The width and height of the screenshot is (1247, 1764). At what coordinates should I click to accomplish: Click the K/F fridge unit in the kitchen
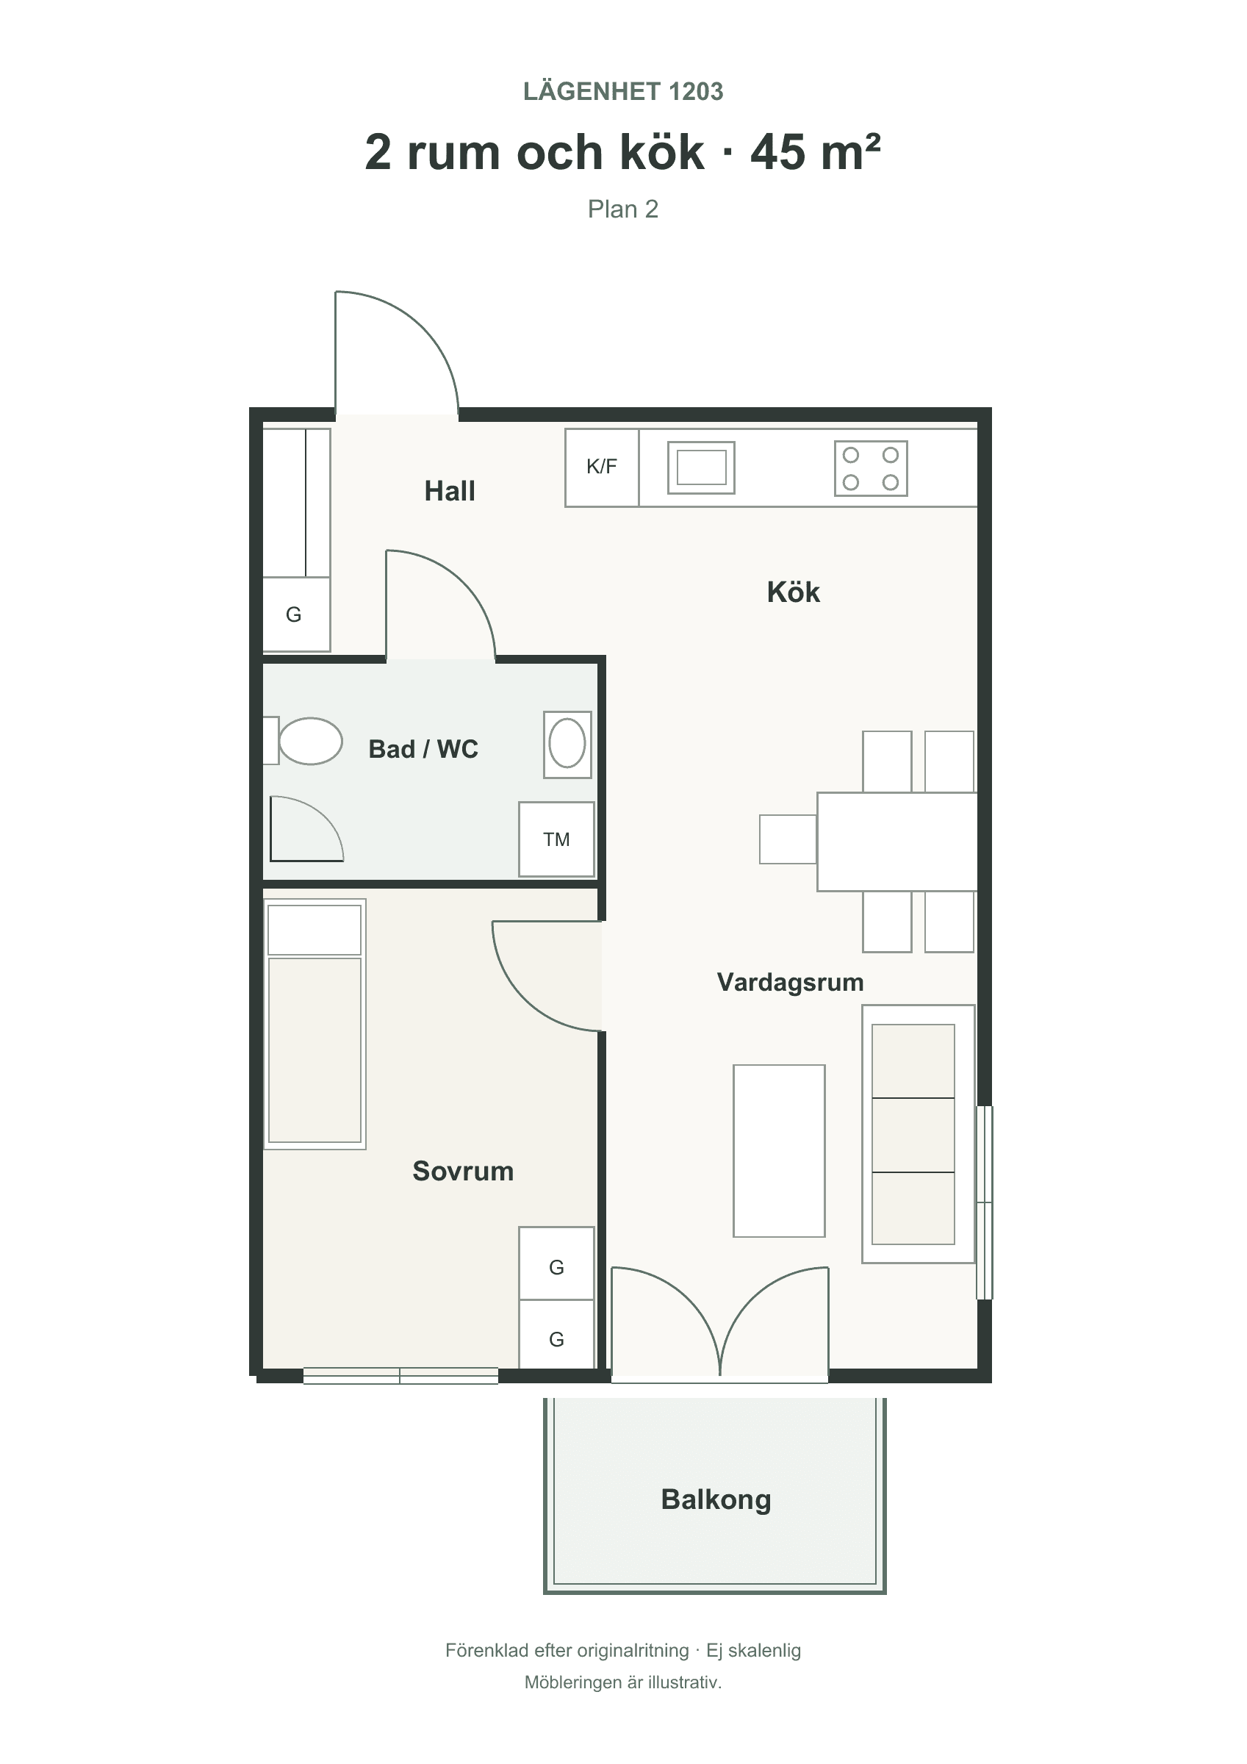click(602, 467)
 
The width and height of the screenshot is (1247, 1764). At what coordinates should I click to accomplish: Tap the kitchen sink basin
click(701, 467)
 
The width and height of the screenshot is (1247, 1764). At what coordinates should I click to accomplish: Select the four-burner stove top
click(871, 468)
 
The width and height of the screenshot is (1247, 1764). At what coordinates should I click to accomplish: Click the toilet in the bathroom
click(303, 741)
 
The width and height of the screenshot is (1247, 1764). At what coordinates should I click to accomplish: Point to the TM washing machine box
click(556, 839)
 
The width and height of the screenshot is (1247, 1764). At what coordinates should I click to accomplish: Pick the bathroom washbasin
click(567, 744)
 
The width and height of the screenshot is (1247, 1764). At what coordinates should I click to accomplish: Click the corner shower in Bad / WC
click(306, 828)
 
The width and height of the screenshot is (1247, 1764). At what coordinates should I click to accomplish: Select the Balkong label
click(715, 1499)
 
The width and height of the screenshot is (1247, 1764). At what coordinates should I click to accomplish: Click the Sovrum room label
click(462, 1170)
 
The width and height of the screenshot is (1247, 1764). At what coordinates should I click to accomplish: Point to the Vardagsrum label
click(790, 982)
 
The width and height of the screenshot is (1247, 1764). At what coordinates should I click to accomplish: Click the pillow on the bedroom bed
click(315, 930)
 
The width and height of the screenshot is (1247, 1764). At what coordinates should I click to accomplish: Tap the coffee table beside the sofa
click(779, 1150)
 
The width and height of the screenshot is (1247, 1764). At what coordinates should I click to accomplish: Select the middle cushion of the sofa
click(913, 1135)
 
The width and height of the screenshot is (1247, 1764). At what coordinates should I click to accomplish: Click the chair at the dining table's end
click(788, 839)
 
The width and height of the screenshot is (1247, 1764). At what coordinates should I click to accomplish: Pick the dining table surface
click(896, 842)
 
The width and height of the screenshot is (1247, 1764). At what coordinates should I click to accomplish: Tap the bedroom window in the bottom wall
click(400, 1375)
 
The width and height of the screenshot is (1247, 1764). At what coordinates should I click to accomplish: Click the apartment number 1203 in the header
click(695, 91)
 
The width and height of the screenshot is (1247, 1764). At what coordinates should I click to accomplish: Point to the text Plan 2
click(623, 209)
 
